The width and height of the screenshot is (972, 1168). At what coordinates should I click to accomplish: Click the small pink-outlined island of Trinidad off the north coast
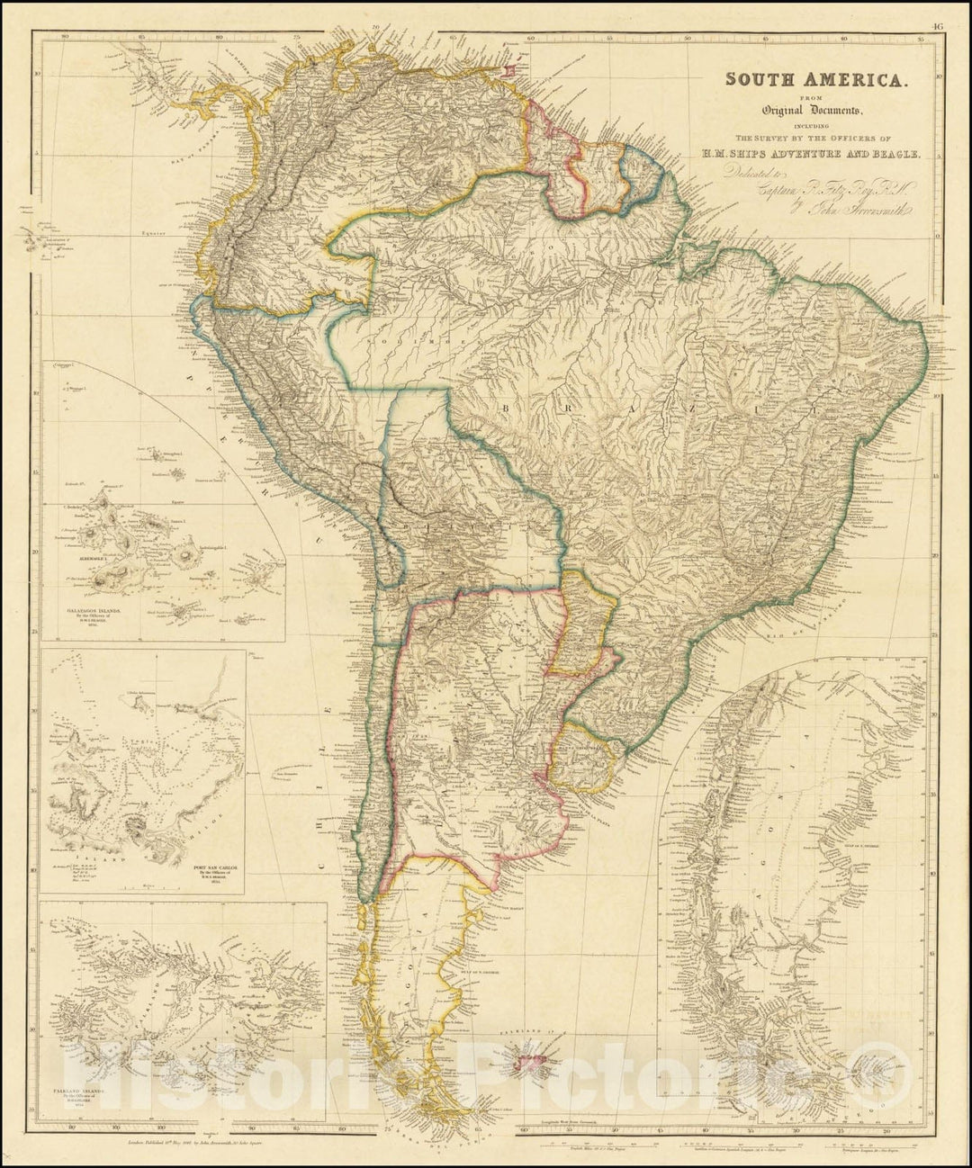pyautogui.click(x=511, y=70)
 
